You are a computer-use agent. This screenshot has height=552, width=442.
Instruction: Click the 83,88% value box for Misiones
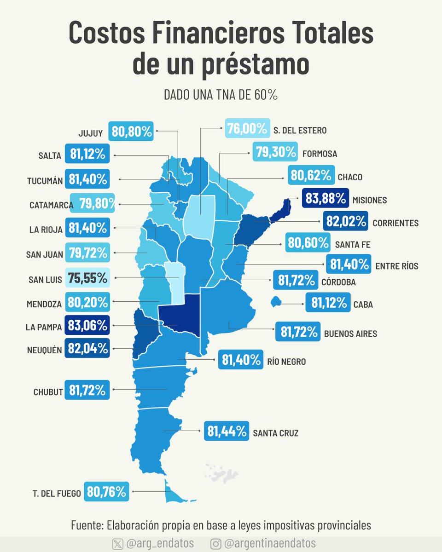pos(325,199)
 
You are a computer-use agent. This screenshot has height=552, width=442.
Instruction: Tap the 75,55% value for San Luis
pos(87,278)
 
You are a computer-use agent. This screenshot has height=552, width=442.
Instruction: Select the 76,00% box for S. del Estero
pos(247,129)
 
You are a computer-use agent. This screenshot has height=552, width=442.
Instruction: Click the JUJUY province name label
pos(90,134)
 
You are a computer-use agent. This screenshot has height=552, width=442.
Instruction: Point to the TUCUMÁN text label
pos(44,181)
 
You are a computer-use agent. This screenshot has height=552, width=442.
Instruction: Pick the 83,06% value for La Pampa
pos(87,326)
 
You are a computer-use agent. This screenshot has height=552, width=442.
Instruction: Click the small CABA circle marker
pos(276,302)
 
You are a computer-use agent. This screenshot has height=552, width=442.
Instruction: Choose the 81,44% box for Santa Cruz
pos(227,431)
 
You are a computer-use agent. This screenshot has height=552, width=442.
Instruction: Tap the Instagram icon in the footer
pos(215,544)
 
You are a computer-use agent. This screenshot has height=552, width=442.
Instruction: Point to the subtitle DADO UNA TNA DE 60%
pos(221,95)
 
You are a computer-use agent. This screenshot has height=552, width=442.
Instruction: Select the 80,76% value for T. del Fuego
pos(106,492)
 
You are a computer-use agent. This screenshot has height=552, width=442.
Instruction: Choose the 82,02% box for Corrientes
pos(345,221)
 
